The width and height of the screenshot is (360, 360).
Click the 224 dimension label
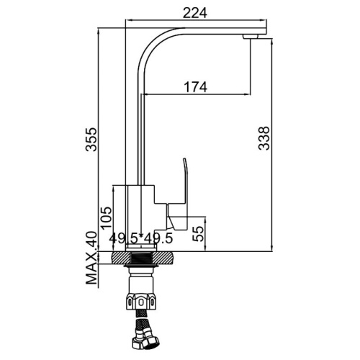click(194, 13)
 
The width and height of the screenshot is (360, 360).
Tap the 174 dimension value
click(195, 87)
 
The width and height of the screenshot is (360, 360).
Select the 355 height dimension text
click(91, 140)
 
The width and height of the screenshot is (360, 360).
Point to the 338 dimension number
click(264, 138)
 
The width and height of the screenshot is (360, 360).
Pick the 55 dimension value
click(198, 234)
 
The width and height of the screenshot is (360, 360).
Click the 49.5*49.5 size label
click(141, 238)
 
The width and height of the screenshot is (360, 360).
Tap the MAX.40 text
click(91, 258)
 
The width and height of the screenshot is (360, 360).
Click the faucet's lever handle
click(179, 197)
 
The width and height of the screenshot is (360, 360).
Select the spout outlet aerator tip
click(250, 37)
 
